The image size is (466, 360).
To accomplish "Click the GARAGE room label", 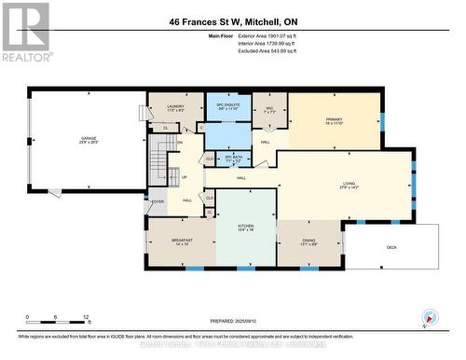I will tap(89, 138).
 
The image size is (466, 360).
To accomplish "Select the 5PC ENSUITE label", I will tap(228, 106).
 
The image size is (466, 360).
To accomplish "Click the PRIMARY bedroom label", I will tap(334, 121).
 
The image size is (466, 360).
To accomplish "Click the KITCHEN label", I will tap(246, 227).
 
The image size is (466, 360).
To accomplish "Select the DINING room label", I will tap(308, 242).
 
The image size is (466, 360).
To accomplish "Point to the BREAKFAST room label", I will tap(182, 241).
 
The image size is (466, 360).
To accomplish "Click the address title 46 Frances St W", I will tap(233, 21).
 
